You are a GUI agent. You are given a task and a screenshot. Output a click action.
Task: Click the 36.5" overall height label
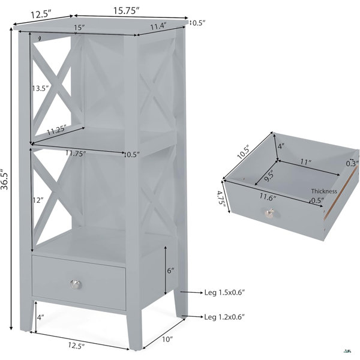click(x=5, y=179)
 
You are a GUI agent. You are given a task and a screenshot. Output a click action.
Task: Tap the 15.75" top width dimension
click(x=126, y=11)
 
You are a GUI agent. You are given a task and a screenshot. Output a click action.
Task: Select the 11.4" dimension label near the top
click(x=158, y=26)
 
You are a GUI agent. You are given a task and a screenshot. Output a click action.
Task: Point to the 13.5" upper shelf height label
click(x=40, y=88)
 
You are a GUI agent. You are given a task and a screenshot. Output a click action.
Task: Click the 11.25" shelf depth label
click(x=56, y=130)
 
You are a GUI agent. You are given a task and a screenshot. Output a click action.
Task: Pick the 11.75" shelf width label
click(x=76, y=153)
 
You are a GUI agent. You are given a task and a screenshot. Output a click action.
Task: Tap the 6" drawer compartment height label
click(x=170, y=271)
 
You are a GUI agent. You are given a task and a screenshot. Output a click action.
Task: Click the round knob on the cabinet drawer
click(x=76, y=284)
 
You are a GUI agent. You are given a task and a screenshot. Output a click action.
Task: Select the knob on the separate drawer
click(x=269, y=213)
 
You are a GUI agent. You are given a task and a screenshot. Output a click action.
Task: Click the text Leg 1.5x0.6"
click(x=224, y=293)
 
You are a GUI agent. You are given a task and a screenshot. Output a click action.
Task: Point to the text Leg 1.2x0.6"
click(x=224, y=317)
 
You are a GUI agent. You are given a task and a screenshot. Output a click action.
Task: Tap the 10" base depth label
click(x=167, y=339)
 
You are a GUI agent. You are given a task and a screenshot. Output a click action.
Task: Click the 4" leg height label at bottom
click(x=40, y=317)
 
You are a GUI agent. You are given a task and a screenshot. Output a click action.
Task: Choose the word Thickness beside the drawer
click(x=324, y=191)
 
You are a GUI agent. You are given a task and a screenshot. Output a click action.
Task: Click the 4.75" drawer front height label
click(x=220, y=197)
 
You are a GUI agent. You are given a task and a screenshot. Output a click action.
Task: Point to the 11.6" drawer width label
click(x=268, y=197)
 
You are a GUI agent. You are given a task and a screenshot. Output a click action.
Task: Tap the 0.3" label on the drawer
click(x=352, y=163)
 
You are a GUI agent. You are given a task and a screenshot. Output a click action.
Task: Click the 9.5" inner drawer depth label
click(x=269, y=175)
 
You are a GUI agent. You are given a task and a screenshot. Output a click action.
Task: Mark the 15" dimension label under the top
click(x=79, y=28)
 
